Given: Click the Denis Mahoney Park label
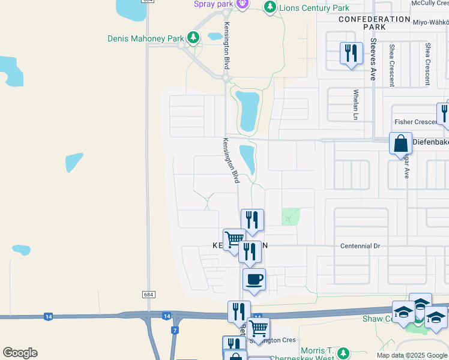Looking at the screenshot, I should (146, 38).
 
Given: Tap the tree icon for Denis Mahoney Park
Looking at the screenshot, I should (193, 38).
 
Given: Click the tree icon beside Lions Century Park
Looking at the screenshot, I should (270, 7).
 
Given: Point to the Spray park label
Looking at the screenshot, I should (212, 4).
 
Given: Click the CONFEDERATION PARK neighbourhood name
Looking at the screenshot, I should (374, 23).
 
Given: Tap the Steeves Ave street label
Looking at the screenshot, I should (373, 60).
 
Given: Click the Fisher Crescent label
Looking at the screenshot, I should (415, 122).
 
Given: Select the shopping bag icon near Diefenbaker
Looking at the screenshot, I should (400, 144).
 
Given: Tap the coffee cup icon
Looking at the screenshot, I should (254, 280).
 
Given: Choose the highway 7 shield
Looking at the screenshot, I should (174, 331).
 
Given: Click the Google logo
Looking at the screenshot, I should (20, 353).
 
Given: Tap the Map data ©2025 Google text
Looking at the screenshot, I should (412, 355).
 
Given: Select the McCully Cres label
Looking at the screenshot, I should (430, 3).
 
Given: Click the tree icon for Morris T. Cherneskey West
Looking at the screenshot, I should (343, 353).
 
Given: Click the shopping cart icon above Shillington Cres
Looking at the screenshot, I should (258, 328).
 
